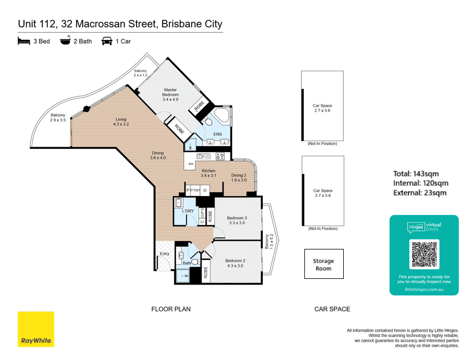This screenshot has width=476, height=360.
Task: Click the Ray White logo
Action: pos(36,329)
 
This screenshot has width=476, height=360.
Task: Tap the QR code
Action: pos(424,254)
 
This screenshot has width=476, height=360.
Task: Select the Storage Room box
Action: pos(324,264)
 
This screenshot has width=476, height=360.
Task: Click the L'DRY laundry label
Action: pos(188,211)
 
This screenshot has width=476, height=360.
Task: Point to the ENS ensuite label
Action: pos(218,134)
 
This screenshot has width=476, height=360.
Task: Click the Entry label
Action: pos(164,254)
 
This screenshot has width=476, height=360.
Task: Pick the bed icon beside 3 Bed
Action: pos(23,41)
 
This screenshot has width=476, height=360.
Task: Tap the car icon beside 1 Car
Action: pos(107,41)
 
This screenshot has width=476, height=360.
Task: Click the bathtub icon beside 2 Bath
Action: pos(66,41)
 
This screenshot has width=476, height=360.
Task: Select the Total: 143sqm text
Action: pos(419,173)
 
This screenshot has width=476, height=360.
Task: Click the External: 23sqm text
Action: pos(419,193)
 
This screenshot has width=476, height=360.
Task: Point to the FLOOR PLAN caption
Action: pos(171,309)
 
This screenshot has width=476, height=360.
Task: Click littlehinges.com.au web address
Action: pos(424,289)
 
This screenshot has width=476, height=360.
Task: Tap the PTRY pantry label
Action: pos(194,191)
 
